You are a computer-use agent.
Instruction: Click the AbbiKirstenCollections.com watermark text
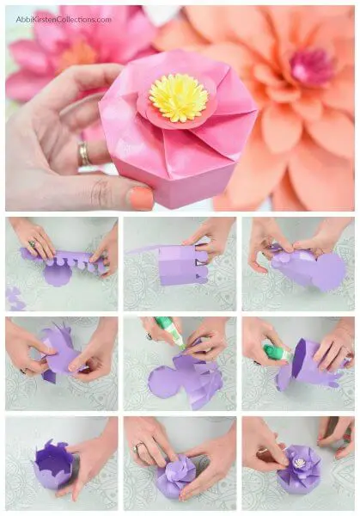click(64, 20)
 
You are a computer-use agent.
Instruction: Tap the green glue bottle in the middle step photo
click(170, 332)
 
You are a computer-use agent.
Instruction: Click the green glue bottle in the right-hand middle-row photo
click(278, 352)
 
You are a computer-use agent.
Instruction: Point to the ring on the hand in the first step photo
click(32, 244)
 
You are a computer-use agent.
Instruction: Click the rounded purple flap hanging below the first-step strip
click(56, 276)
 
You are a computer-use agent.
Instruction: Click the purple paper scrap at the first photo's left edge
click(13, 298)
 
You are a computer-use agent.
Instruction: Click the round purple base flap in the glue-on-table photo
click(163, 383)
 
